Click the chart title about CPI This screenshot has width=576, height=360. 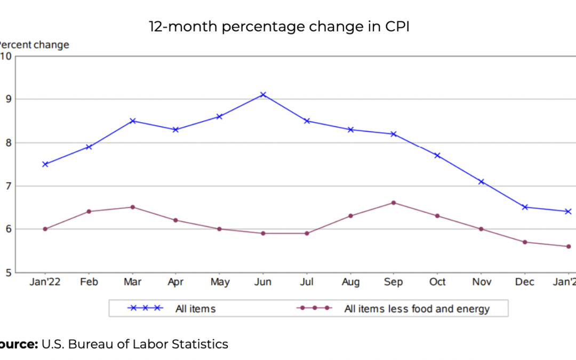pyautogui.click(x=279, y=27)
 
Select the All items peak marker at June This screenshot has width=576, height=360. pyautogui.click(x=263, y=94)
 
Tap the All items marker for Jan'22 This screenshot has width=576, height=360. pyautogui.click(x=45, y=164)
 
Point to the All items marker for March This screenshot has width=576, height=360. pyautogui.click(x=132, y=121)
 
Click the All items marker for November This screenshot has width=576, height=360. pyautogui.click(x=481, y=182)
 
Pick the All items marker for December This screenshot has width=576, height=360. pyautogui.click(x=525, y=207)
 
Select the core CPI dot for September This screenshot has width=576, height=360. pyautogui.click(x=394, y=203)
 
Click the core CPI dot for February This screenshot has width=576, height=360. pyautogui.click(x=89, y=212)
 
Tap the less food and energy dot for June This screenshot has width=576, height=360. pyautogui.click(x=263, y=233)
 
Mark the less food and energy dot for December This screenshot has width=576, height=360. pyautogui.click(x=525, y=242)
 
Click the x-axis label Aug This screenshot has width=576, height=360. pyautogui.click(x=350, y=282)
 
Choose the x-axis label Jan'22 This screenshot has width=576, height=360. pyautogui.click(x=45, y=282)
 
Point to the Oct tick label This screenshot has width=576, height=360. pyautogui.click(x=437, y=282)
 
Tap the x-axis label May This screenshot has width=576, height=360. pyautogui.click(x=219, y=282)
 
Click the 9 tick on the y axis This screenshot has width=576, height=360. pyautogui.click(x=7, y=99)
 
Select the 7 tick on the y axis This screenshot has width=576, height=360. pyautogui.click(x=7, y=186)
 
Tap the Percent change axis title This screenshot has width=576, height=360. pyautogui.click(x=34, y=45)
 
